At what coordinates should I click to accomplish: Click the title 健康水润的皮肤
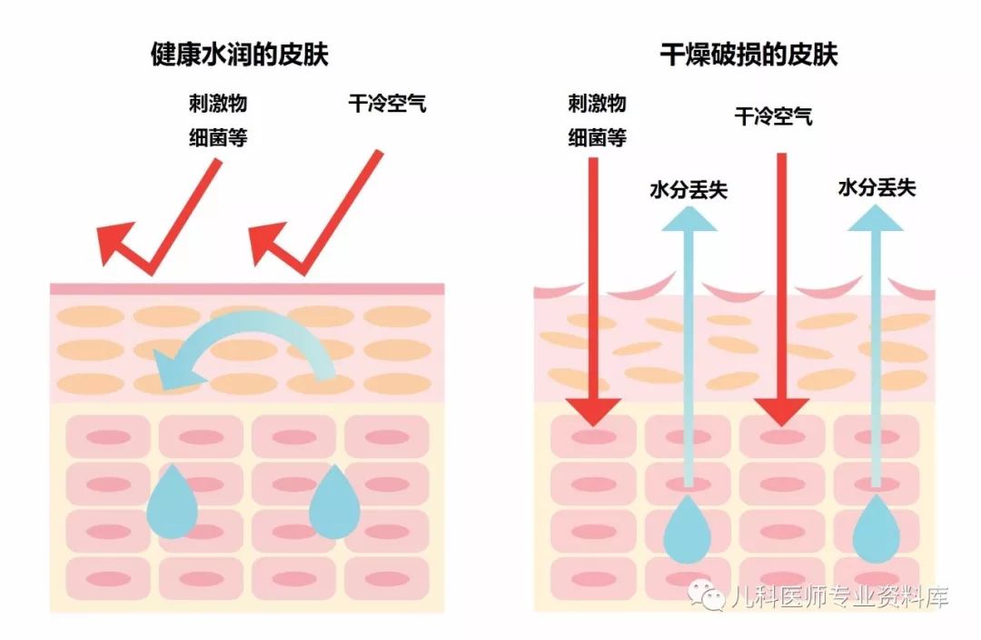point(239,55)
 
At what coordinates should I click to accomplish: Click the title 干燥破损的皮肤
point(748,55)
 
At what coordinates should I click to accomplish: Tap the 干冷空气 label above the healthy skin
point(387,103)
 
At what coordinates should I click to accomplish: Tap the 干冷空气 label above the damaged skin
point(773,116)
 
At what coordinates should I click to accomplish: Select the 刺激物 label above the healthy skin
point(217,103)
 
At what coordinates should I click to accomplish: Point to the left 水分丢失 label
point(689,190)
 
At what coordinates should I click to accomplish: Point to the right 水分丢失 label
point(877,188)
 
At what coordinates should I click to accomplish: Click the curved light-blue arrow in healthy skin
point(245,345)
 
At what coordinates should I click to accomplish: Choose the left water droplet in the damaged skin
point(689,532)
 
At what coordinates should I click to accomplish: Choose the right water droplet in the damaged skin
point(877,532)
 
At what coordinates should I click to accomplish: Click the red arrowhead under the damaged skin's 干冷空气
point(781,411)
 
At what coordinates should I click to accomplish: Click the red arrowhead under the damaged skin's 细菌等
point(592,411)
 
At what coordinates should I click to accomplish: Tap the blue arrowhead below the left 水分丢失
point(689,218)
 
